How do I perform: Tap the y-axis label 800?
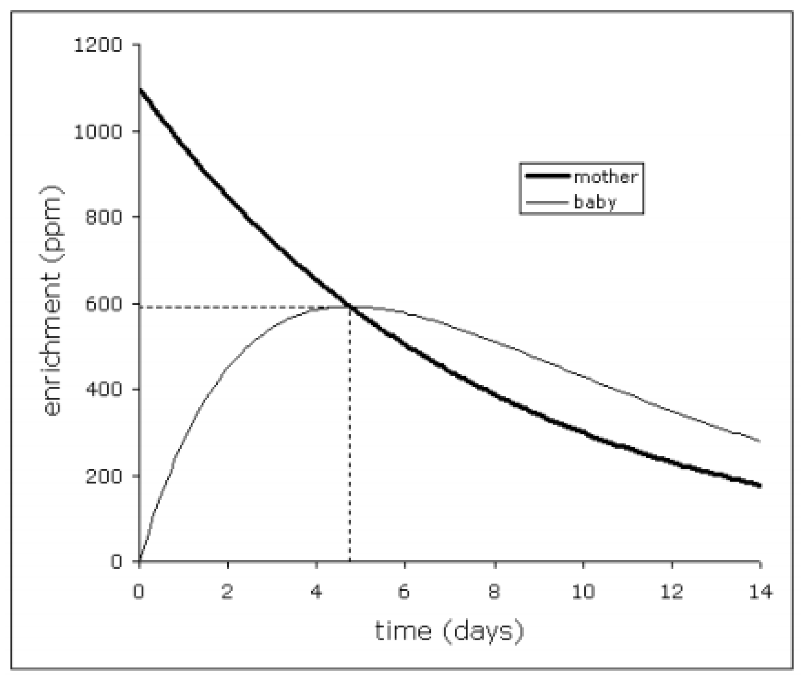click(x=103, y=217)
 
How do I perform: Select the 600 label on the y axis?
click(x=103, y=304)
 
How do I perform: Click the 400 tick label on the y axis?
click(x=103, y=389)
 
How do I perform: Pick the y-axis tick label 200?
click(x=103, y=476)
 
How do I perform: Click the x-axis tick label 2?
click(x=228, y=592)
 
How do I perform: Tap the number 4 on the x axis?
click(x=317, y=592)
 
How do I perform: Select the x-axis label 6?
click(x=404, y=592)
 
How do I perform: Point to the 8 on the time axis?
click(x=494, y=592)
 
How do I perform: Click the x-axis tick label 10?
click(x=583, y=592)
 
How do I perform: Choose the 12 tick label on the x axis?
click(x=672, y=592)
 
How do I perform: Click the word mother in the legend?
click(x=606, y=177)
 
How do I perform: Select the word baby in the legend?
click(x=595, y=202)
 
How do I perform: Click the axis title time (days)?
click(x=449, y=631)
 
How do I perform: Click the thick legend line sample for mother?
click(x=547, y=176)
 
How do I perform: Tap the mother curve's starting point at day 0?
click(x=140, y=90)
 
